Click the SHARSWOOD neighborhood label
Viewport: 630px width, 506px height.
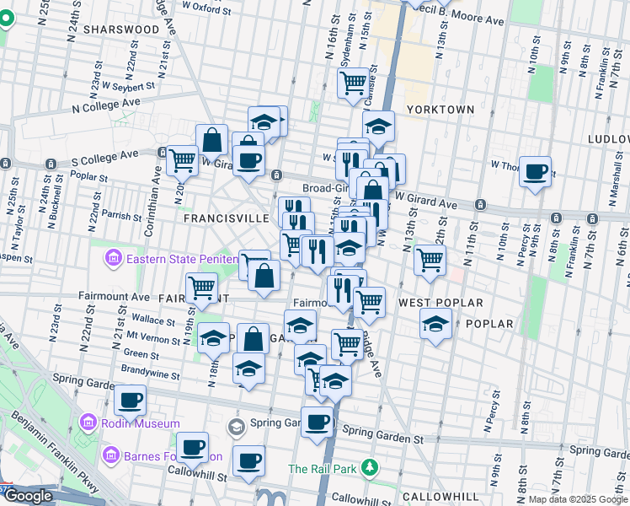click(x=126, y=29)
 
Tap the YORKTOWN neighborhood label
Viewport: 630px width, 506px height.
click(x=440, y=110)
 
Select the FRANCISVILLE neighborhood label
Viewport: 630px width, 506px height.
click(x=226, y=218)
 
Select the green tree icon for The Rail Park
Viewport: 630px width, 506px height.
click(x=367, y=467)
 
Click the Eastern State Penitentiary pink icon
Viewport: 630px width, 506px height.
click(x=114, y=258)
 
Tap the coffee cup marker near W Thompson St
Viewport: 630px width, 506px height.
click(x=535, y=172)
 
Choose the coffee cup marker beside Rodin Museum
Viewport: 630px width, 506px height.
click(x=130, y=400)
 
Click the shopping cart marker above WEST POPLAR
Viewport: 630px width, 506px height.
click(x=430, y=259)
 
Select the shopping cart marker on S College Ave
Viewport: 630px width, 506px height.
click(x=181, y=159)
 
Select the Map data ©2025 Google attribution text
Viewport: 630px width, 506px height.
click(x=577, y=499)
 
